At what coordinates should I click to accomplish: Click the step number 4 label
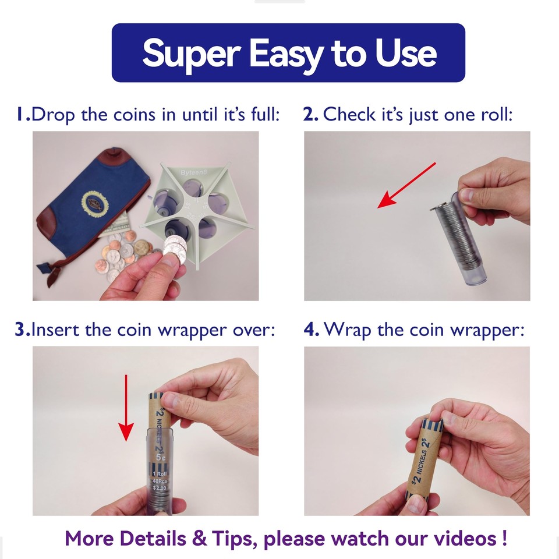pos(310,330)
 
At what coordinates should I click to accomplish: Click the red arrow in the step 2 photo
pos(406,185)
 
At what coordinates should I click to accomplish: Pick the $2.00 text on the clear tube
pos(159,488)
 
